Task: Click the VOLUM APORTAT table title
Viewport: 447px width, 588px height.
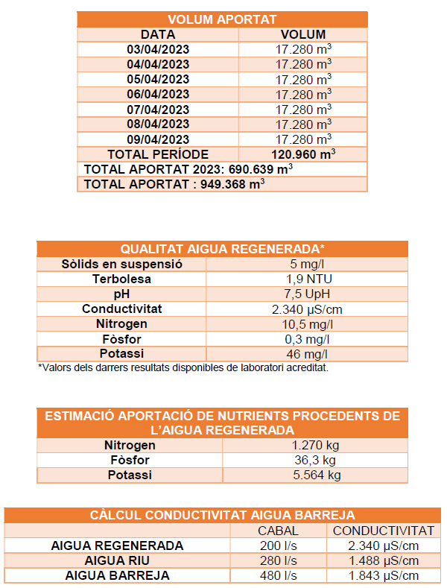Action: pyautogui.click(x=222, y=19)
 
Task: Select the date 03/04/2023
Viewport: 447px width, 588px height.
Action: pyautogui.click(x=158, y=49)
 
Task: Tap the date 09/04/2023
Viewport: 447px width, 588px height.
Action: pyautogui.click(x=158, y=139)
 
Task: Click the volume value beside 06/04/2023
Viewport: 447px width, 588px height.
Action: pyautogui.click(x=303, y=94)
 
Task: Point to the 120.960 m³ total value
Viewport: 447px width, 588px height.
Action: pyautogui.click(x=303, y=154)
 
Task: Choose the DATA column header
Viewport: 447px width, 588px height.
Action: pyautogui.click(x=158, y=34)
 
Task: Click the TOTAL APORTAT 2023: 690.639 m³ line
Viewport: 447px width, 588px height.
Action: pyautogui.click(x=188, y=169)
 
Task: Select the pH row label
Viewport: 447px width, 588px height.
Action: pyautogui.click(x=121, y=294)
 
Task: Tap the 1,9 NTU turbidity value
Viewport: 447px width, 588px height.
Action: pyautogui.click(x=306, y=279)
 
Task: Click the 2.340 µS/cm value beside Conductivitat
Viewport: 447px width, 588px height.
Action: pyautogui.click(x=306, y=309)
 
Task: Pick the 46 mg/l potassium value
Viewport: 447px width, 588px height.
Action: pyautogui.click(x=306, y=353)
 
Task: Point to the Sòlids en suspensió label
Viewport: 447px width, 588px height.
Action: pyautogui.click(x=121, y=264)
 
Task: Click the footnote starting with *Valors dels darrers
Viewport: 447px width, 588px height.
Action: pyautogui.click(x=183, y=367)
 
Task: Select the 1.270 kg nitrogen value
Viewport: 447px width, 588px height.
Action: pyautogui.click(x=315, y=446)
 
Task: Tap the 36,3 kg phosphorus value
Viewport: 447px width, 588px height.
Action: pyautogui.click(x=315, y=461)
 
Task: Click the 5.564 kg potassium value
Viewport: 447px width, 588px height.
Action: pyautogui.click(x=315, y=475)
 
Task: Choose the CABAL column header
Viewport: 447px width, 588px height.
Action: pyautogui.click(x=277, y=531)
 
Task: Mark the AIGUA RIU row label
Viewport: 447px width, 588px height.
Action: pyautogui.click(x=117, y=560)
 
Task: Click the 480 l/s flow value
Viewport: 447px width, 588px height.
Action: pyautogui.click(x=277, y=575)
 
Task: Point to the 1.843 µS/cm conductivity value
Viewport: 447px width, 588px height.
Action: pyautogui.click(x=383, y=575)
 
